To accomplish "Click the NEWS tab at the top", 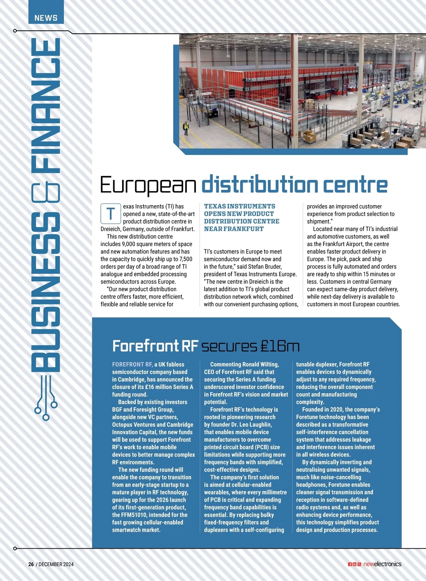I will point(46,18).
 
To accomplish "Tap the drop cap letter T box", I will point(110,214).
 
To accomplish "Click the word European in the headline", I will point(148,185).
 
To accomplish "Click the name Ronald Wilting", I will point(261,364).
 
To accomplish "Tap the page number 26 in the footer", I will point(31,564).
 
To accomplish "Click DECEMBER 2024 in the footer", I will point(56,564).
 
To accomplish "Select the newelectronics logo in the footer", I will point(382,564).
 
